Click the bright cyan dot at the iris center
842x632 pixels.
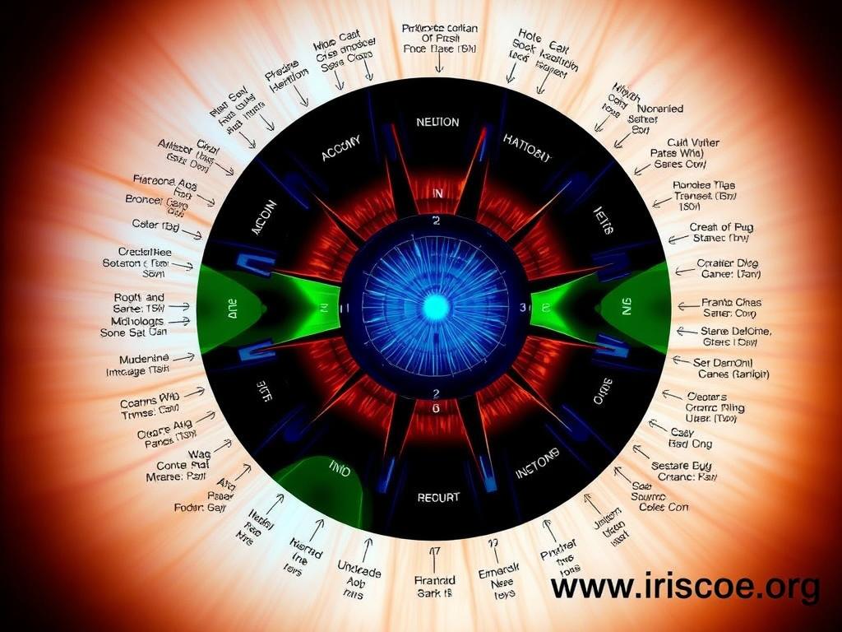tap(436, 307)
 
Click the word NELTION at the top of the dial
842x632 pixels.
tap(437, 122)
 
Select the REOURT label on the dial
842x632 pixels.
tap(438, 498)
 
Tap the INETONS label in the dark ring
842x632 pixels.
tap(538, 463)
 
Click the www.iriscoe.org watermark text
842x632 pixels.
tap(684, 587)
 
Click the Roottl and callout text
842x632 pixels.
tap(139, 296)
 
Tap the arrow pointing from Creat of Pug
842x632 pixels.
tap(679, 239)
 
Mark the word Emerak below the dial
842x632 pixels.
tap(498, 568)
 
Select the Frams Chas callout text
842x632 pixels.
tap(731, 302)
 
